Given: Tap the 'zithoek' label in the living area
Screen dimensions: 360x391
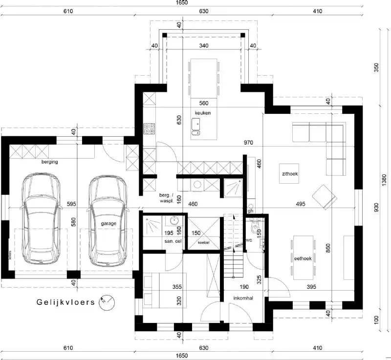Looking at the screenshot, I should coord(290,173).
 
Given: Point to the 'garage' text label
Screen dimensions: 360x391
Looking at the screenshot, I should coord(109,223).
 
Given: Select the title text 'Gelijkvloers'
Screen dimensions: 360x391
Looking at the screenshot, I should coord(65,302).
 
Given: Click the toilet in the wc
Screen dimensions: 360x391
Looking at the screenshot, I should coord(255,229).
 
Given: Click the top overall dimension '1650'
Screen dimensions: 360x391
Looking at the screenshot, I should coord(182,3).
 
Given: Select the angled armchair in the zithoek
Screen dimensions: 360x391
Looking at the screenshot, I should coord(325,196).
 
